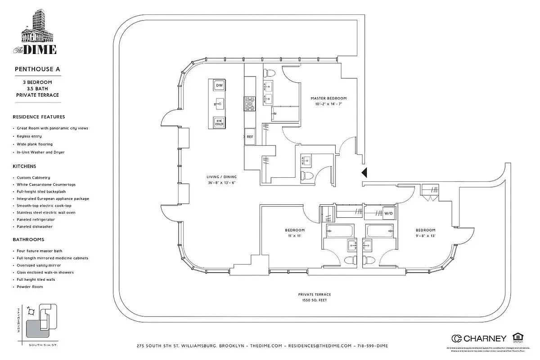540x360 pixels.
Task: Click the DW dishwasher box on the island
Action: (x=219, y=85)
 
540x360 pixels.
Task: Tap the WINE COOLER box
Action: (x=219, y=122)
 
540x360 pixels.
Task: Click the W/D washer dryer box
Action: (x=388, y=213)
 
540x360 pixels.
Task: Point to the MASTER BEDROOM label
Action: (x=328, y=98)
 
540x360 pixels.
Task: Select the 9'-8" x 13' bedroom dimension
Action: (x=425, y=236)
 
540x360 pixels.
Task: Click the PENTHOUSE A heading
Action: (x=37, y=69)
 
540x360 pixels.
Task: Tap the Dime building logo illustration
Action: (x=37, y=29)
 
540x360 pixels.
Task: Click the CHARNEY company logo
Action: (x=479, y=338)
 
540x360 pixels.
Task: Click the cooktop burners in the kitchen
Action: (x=249, y=104)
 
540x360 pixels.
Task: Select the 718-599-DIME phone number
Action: (x=372, y=346)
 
